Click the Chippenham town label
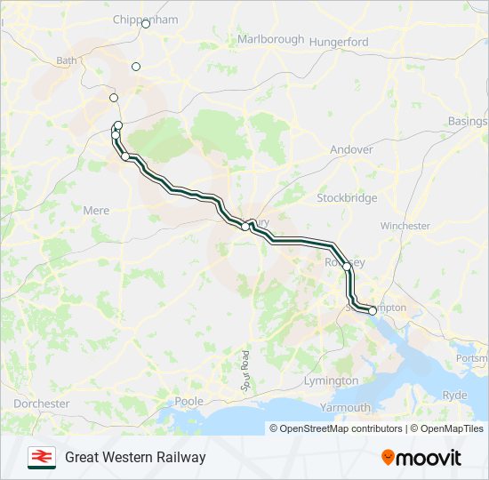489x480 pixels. click(x=146, y=20)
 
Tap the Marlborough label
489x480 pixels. click(x=270, y=40)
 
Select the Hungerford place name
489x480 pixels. click(x=340, y=42)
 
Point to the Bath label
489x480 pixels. click(x=67, y=61)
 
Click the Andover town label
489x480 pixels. click(x=351, y=150)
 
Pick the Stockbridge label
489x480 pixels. click(x=347, y=198)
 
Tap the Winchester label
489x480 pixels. click(x=405, y=226)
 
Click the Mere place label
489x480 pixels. click(x=96, y=211)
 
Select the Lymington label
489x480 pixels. click(x=330, y=380)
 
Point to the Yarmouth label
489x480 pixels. click(x=346, y=408)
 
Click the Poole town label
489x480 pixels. click(x=189, y=402)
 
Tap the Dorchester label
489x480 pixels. click(x=41, y=404)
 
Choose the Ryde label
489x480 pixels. click(x=454, y=395)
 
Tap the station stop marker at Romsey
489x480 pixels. click(x=347, y=266)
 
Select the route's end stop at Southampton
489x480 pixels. click(x=372, y=311)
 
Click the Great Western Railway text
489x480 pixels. click(x=135, y=458)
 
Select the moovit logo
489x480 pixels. click(x=421, y=458)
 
